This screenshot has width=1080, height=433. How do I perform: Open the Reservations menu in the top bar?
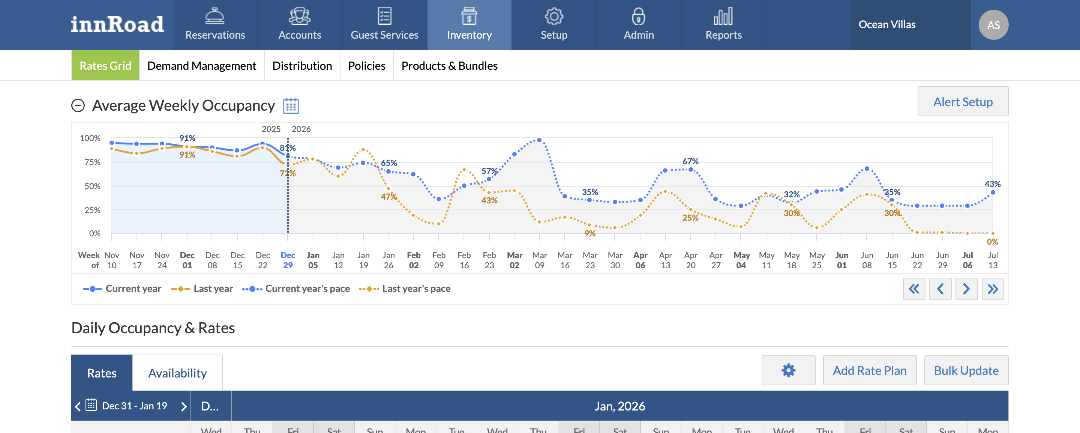click(x=215, y=25)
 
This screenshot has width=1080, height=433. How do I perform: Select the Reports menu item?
click(x=723, y=25)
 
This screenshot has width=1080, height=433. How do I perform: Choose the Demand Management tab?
click(x=202, y=66)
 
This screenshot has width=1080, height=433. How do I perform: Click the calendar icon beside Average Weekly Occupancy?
click(x=291, y=106)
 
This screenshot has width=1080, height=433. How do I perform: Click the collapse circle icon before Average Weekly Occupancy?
click(x=78, y=106)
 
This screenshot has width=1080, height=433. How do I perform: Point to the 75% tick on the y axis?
click(x=92, y=162)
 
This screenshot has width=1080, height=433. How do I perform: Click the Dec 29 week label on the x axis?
click(x=288, y=260)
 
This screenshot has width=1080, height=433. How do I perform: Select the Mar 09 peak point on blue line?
click(x=539, y=140)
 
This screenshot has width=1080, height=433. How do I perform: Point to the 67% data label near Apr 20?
click(x=690, y=162)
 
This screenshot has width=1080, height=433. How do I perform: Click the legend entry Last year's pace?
click(x=405, y=289)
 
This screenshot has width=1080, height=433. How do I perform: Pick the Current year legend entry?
click(x=122, y=289)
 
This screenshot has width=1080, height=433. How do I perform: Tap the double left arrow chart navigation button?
click(x=913, y=289)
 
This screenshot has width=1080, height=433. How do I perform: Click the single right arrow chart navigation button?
click(x=966, y=289)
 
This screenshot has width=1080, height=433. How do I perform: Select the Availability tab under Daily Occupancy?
click(x=177, y=373)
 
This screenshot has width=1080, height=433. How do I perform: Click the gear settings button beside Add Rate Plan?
click(x=788, y=370)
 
